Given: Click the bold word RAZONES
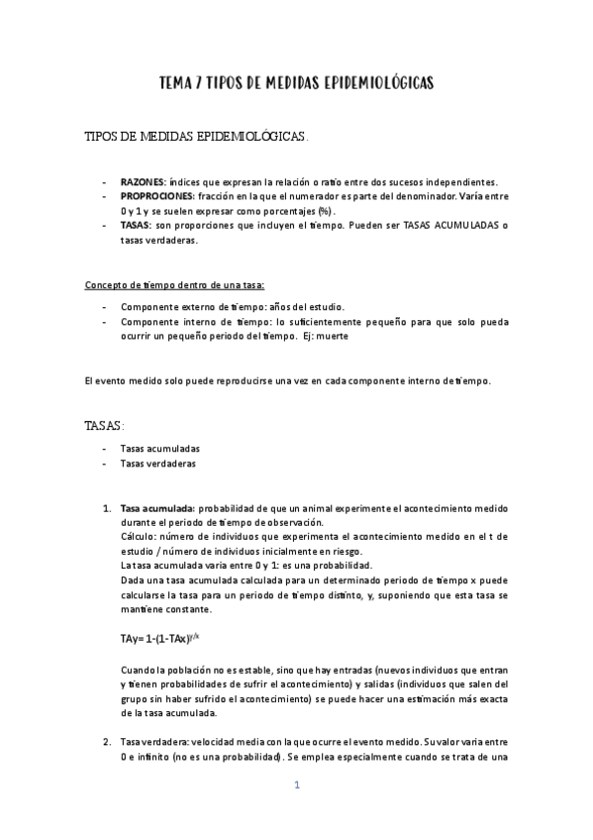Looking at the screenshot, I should pyautogui.click(x=143, y=182).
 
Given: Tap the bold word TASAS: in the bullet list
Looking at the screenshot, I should pyautogui.click(x=136, y=226).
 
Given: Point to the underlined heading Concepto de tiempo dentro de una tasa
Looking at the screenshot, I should pyautogui.click(x=174, y=285).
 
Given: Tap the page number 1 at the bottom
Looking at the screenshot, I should pyautogui.click(x=296, y=786).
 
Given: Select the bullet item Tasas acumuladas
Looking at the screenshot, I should pyautogui.click(x=159, y=448).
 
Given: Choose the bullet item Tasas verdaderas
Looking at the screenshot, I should pyautogui.click(x=157, y=463).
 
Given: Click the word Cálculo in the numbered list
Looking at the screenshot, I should pyautogui.click(x=137, y=537).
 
